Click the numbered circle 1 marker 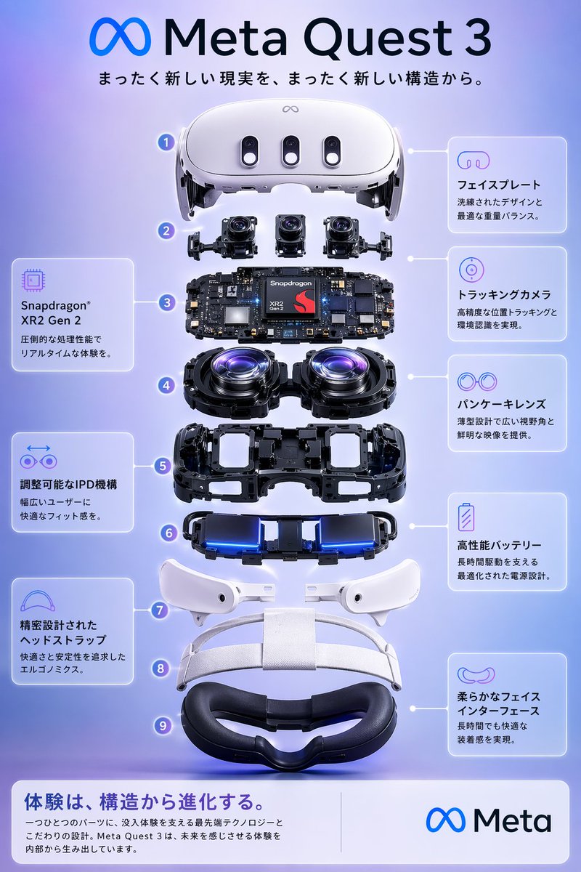167,142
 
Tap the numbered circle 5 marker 162,465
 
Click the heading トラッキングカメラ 503,295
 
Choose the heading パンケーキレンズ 500,404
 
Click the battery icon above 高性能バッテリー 466,517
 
